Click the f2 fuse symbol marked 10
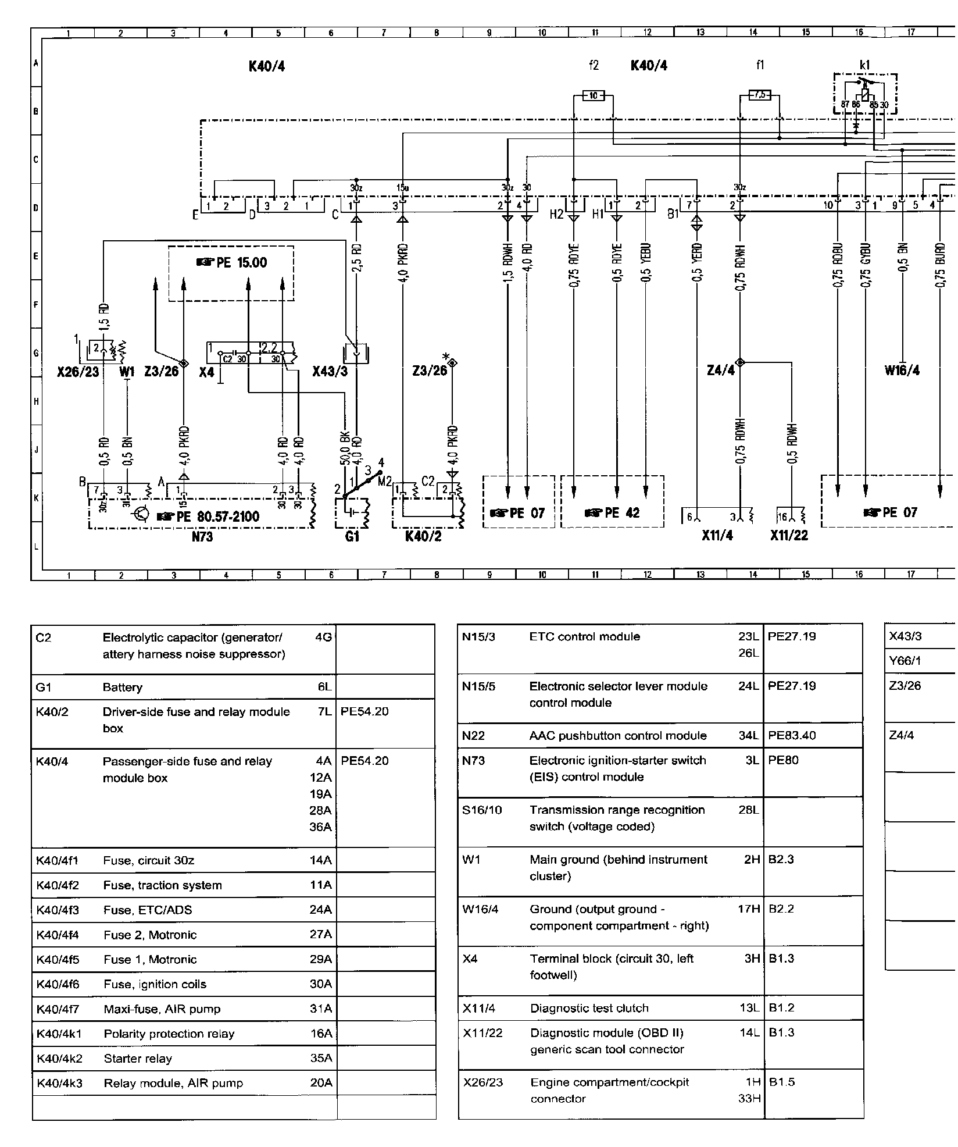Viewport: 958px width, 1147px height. [593, 95]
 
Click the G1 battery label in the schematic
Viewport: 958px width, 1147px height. [352, 536]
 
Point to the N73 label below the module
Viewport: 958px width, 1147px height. [202, 537]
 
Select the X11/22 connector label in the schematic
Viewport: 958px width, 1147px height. [789, 536]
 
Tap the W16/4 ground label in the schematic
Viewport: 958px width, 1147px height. [902, 371]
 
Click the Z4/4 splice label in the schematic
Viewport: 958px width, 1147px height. [720, 371]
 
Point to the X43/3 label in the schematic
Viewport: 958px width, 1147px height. [330, 371]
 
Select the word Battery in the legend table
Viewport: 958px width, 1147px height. [123, 687]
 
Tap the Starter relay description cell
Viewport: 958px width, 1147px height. [138, 1058]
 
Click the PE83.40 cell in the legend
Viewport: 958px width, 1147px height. [791, 736]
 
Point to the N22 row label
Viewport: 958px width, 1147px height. [473, 736]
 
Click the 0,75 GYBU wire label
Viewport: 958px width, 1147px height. [865, 266]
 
